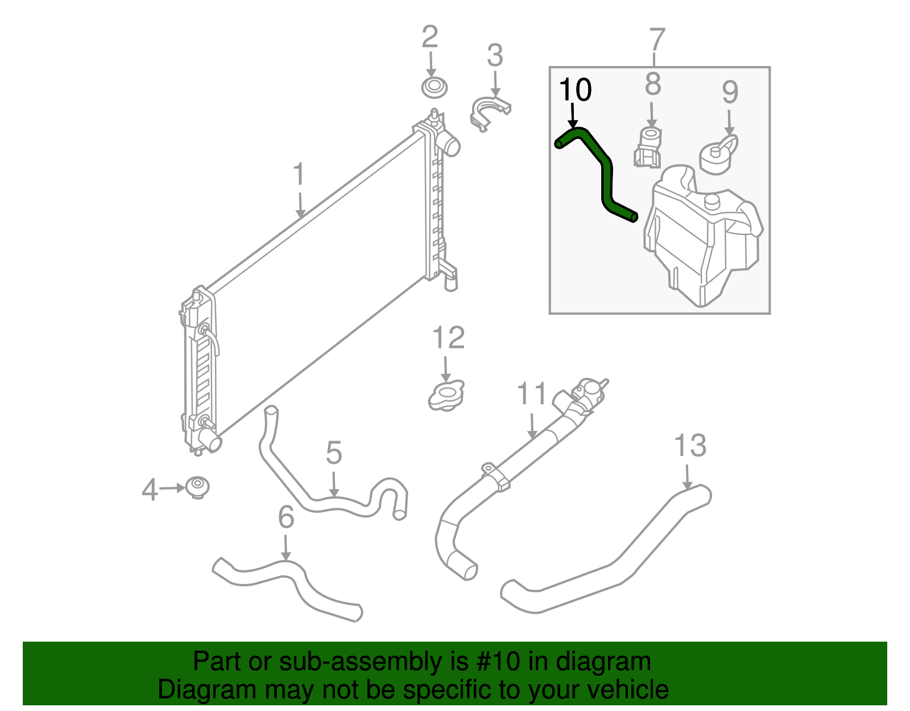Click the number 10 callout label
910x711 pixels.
(x=575, y=90)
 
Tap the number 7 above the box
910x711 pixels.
(x=656, y=39)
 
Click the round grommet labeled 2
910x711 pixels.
(x=434, y=88)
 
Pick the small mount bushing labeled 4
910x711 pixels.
(x=198, y=487)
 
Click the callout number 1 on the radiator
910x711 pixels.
(x=299, y=175)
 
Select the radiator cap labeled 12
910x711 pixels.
(x=446, y=395)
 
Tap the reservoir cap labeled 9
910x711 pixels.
(x=718, y=154)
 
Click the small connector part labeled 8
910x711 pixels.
(x=648, y=147)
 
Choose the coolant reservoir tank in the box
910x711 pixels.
(x=702, y=239)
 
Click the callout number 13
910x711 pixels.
(x=690, y=446)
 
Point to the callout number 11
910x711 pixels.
(x=531, y=394)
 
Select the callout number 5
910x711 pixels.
(x=334, y=453)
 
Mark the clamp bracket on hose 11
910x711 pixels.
(x=495, y=475)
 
